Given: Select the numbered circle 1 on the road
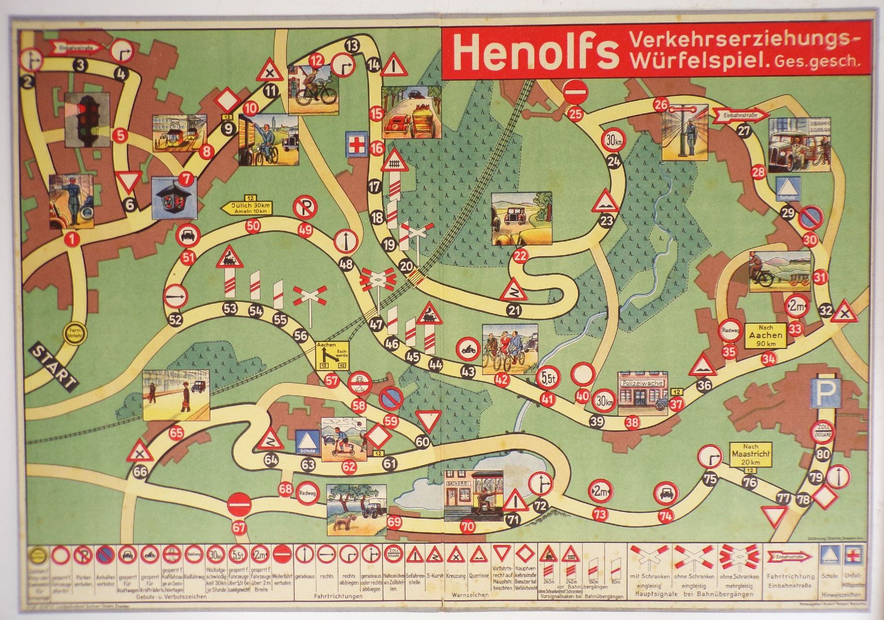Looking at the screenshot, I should pyautogui.click(x=72, y=238).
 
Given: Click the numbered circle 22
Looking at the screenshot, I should pyautogui.click(x=520, y=256).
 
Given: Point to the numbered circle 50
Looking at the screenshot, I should pyautogui.click(x=253, y=225).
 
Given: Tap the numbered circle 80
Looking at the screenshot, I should pyautogui.click(x=823, y=455).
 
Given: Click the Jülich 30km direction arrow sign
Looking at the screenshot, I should pyautogui.click(x=247, y=208).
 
